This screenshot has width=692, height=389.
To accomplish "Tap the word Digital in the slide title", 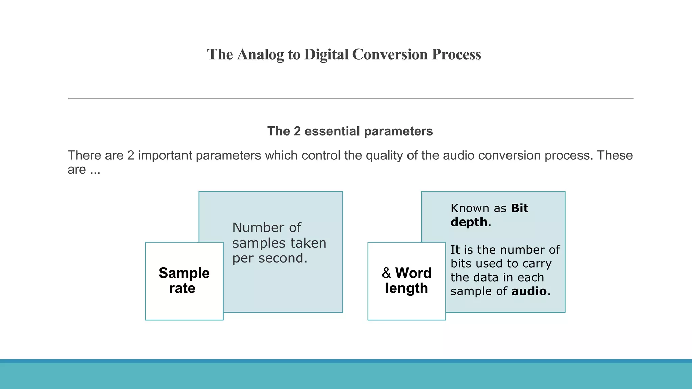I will [326, 55].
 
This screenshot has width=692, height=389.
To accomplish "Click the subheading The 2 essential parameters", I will [350, 131].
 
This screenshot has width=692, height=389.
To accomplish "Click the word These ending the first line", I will [615, 155].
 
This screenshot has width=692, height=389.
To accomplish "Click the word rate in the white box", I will [182, 288].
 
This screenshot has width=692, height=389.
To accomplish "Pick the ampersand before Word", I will [386, 273].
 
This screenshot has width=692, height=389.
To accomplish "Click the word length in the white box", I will [406, 288].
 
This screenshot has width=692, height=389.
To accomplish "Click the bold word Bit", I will [520, 208].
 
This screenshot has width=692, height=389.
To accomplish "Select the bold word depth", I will [469, 222].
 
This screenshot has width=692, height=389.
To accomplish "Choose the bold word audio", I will [529, 291].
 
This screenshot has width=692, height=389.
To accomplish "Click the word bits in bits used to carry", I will [461, 263].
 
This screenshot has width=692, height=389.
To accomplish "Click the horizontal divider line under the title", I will [350, 99].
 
